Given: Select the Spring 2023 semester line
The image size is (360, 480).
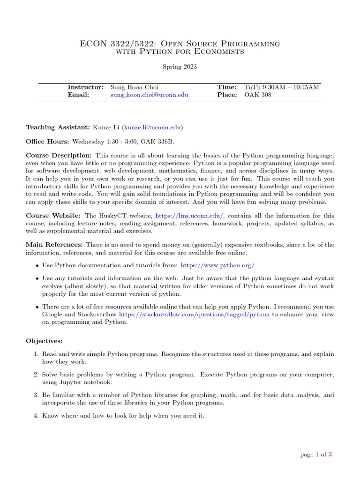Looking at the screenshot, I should pyautogui.click(x=180, y=67).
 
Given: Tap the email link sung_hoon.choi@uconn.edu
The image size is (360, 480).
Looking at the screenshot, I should pyautogui.click(x=149, y=95).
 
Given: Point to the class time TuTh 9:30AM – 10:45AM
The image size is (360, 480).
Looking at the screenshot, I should pyautogui.click(x=282, y=87).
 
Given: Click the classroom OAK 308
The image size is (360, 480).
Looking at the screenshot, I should pyautogui.click(x=258, y=95).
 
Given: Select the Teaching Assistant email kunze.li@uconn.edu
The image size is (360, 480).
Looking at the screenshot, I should pyautogui.click(x=152, y=127).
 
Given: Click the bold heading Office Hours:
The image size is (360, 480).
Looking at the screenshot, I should pyautogui.click(x=47, y=141).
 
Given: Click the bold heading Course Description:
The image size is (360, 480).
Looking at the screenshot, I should pyautogui.click(x=59, y=155).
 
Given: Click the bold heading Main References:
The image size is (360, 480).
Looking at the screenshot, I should pyautogui.click(x=54, y=245).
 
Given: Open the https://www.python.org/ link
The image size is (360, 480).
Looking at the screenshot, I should pyautogui.click(x=217, y=265).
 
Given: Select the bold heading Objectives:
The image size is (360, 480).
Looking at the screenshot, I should pyautogui.click(x=44, y=341).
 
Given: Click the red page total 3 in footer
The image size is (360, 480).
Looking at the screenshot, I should pyautogui.click(x=330, y=454).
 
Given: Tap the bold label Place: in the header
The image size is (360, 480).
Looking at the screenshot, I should pyautogui.click(x=227, y=95).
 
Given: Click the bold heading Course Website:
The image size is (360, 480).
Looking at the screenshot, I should pyautogui.click(x=53, y=216).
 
